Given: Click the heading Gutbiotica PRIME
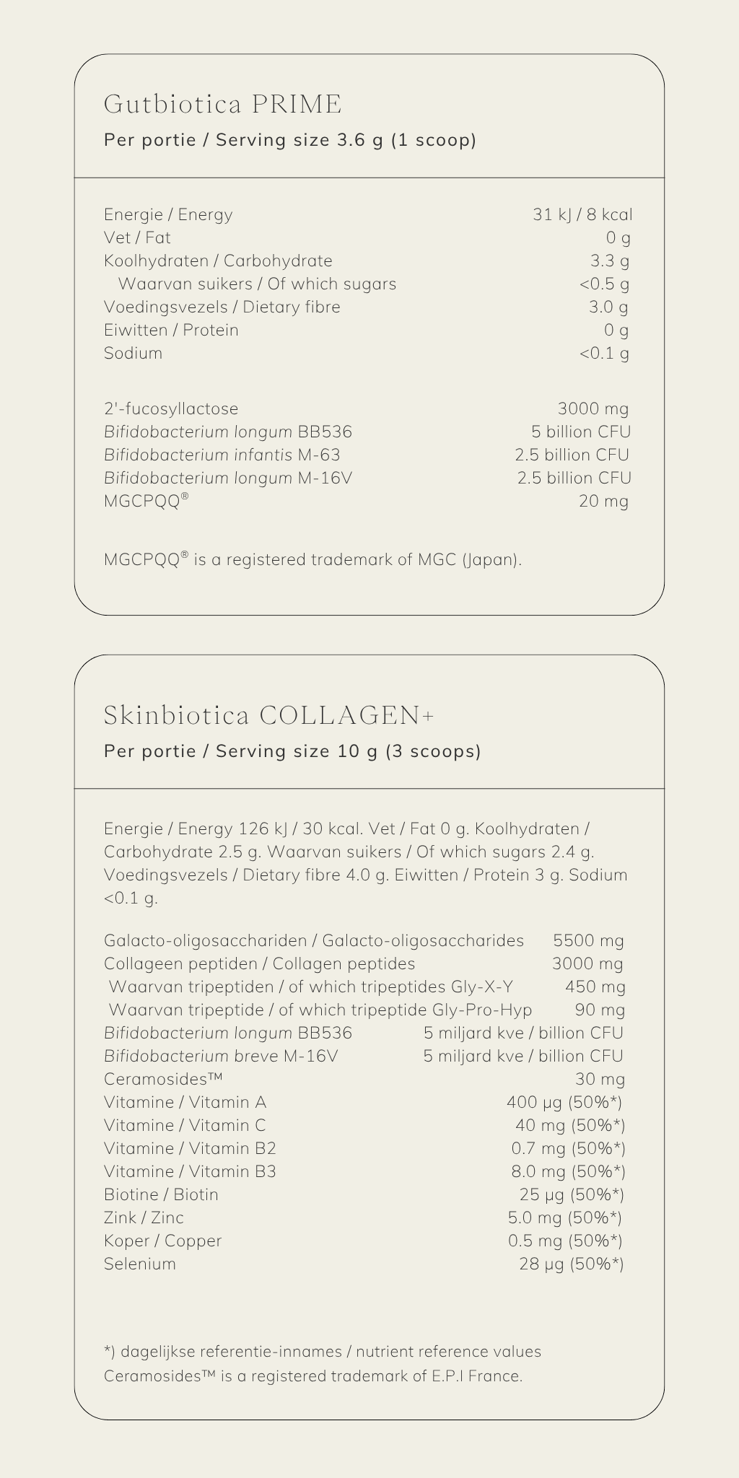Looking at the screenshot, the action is pyautogui.click(x=222, y=105).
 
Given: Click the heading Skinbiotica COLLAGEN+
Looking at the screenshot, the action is pyautogui.click(x=269, y=715).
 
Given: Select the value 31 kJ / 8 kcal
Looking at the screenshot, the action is pyautogui.click(x=582, y=214).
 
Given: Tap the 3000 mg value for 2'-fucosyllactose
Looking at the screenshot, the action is pyautogui.click(x=592, y=408).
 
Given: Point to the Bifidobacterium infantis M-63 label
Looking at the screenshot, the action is pyautogui.click(x=222, y=455).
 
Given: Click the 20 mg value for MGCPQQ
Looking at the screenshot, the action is pyautogui.click(x=603, y=501).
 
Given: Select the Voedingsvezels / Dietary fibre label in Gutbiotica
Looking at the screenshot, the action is pyautogui.click(x=222, y=307).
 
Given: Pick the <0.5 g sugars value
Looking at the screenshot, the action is pyautogui.click(x=604, y=284).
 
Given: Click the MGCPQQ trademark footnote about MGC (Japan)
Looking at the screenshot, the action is pyautogui.click(x=312, y=559).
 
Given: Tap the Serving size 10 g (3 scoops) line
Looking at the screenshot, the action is pyautogui.click(x=292, y=751).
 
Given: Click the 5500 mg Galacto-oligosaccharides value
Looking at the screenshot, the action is pyautogui.click(x=588, y=940).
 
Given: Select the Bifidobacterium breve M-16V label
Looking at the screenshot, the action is pyautogui.click(x=220, y=1056).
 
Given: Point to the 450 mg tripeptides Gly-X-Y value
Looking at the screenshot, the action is pyautogui.click(x=595, y=987).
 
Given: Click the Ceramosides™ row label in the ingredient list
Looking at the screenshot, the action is pyautogui.click(x=162, y=1079).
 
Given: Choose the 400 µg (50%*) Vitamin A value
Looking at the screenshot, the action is pyautogui.click(x=564, y=1102).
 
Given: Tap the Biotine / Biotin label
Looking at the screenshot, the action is pyautogui.click(x=161, y=1194).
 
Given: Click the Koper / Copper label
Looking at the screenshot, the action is pyautogui.click(x=162, y=1241).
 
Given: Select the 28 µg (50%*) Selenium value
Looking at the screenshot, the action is pyautogui.click(x=571, y=1264).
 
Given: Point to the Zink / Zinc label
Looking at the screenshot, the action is pyautogui.click(x=144, y=1217).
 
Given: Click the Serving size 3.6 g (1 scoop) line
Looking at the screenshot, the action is pyautogui.click(x=290, y=140).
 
